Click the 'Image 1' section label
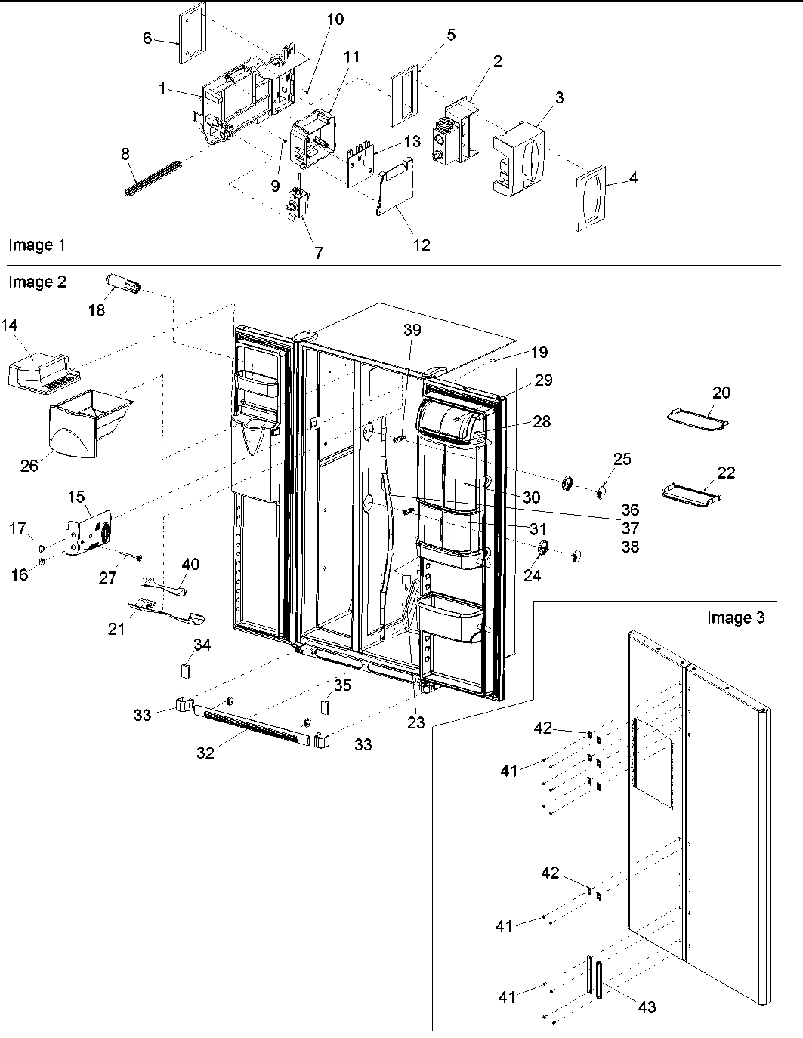[x=36, y=245]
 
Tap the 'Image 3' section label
[x=735, y=618]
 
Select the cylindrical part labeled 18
[x=123, y=286]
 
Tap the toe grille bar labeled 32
[x=254, y=725]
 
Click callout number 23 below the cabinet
[x=416, y=722]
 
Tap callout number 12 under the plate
[x=422, y=244]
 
